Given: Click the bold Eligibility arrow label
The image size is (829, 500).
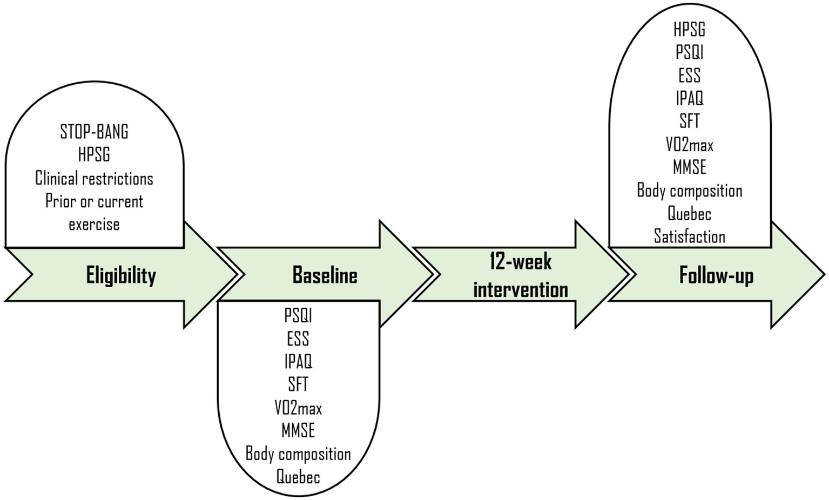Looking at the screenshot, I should click(x=121, y=275).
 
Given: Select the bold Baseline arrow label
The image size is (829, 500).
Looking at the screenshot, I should click(x=325, y=275).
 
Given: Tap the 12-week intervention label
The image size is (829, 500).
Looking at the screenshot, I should click(x=521, y=275).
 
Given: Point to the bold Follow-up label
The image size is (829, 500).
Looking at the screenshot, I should click(x=716, y=275).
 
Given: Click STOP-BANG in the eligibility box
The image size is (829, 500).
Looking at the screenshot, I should click(x=94, y=132).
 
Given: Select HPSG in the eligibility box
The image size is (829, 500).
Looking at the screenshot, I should click(x=94, y=155).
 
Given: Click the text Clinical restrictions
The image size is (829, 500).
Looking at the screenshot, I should click(x=94, y=178).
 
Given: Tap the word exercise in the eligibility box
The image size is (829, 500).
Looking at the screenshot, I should click(x=94, y=224).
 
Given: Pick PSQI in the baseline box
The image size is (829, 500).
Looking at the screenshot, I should click(x=298, y=315).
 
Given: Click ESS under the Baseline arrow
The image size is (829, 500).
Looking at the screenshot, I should click(x=298, y=339).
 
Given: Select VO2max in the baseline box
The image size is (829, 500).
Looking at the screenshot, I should click(x=298, y=408).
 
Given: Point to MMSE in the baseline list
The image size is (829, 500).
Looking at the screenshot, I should click(x=298, y=431).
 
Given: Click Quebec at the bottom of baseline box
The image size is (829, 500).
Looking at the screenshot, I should click(x=298, y=477).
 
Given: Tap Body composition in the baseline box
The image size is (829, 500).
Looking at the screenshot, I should click(x=298, y=454).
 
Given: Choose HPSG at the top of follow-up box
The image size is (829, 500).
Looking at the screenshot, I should click(x=689, y=29).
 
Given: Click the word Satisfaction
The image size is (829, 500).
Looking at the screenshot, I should click(x=689, y=237).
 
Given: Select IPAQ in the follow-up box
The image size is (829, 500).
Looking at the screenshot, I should click(x=689, y=98).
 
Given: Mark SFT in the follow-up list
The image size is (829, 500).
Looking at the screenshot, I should click(x=689, y=121).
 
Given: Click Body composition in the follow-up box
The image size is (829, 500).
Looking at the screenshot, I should click(x=689, y=191).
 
